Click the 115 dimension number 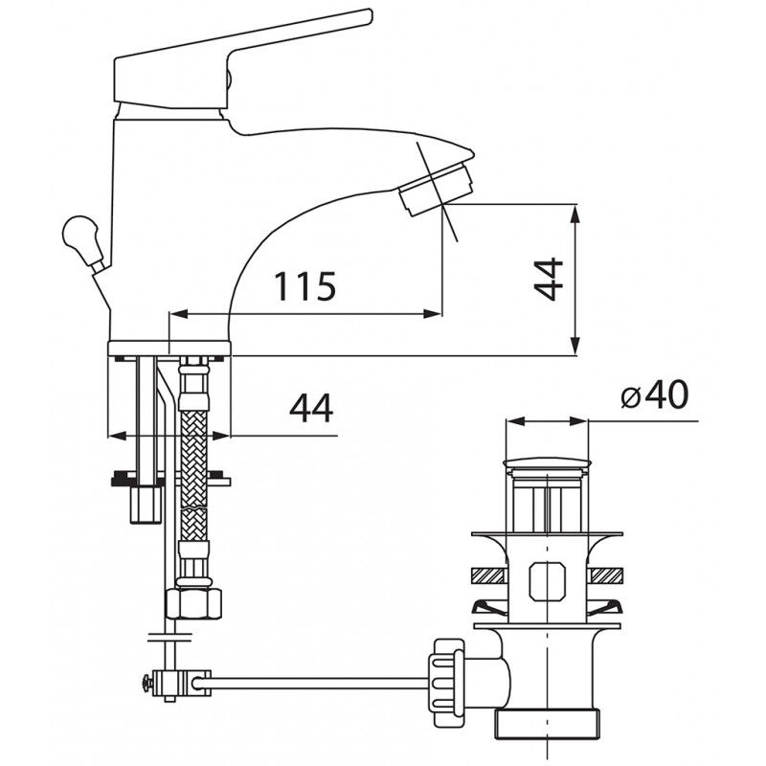[304, 286]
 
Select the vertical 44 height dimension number [548, 279]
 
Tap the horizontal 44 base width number [311, 408]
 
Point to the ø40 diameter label [655, 394]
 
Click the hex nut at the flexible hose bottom [193, 604]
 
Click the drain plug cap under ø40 [547, 462]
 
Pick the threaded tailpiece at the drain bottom [547, 723]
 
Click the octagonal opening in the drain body [547, 581]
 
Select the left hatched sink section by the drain [487, 575]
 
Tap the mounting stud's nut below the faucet [146, 505]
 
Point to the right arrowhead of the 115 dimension [432, 314]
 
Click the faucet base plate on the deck [169, 349]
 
